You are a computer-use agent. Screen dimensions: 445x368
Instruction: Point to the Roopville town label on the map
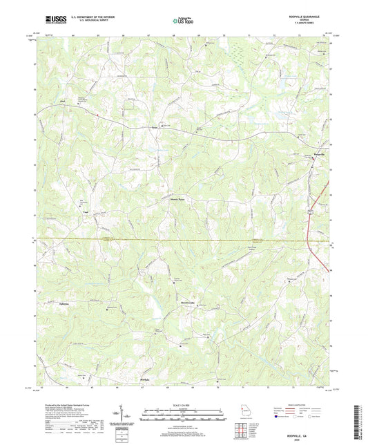[314, 153]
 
